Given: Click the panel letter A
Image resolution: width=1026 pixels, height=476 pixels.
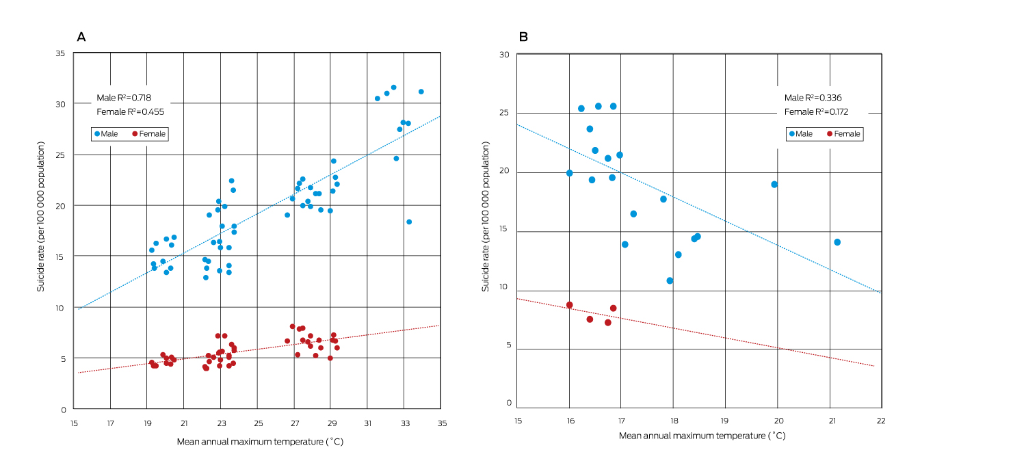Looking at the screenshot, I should point(81,37).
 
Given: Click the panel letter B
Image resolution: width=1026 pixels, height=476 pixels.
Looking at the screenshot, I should point(523,37).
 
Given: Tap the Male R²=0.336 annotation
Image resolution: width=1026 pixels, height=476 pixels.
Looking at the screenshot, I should point(813,98).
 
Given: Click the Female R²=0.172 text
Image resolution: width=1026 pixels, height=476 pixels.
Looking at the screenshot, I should point(816,111).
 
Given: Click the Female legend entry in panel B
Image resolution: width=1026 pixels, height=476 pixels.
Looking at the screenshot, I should point(843,134).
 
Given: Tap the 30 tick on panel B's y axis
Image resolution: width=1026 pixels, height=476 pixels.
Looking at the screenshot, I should point(505,55).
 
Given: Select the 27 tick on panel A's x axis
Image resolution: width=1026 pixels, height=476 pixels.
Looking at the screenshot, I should point(294,424).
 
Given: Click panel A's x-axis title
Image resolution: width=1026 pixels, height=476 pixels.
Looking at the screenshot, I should point(260,442).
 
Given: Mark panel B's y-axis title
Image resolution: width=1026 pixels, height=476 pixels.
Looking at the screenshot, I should point(486,217).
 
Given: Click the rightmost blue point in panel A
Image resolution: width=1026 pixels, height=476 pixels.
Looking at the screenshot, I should point(421,92).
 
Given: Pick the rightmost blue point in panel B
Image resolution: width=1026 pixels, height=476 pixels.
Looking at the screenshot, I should point(837,242).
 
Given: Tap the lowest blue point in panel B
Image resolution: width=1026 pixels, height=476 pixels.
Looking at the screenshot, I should point(670,280).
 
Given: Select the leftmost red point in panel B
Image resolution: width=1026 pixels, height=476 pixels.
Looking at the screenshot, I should point(569,305).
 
